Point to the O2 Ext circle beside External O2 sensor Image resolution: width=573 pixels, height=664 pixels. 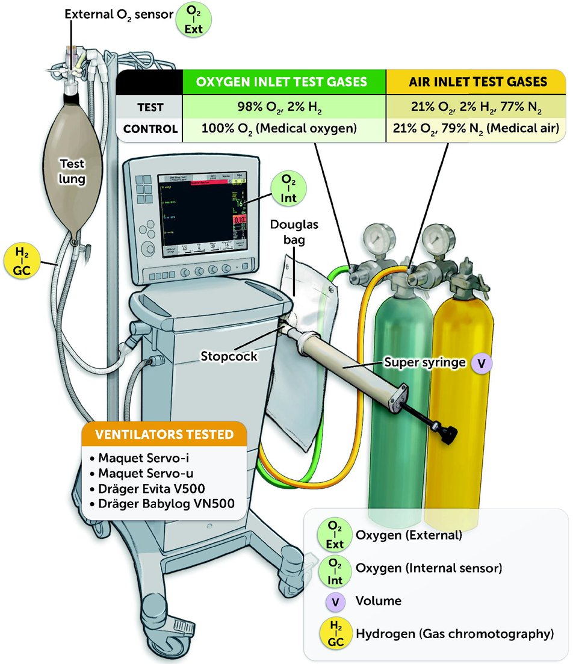click(x=190, y=20)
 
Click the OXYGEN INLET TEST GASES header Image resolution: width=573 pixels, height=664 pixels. click(x=283, y=82)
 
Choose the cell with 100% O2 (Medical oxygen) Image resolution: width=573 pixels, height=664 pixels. click(x=283, y=129)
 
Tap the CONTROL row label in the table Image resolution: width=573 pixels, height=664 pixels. click(x=150, y=129)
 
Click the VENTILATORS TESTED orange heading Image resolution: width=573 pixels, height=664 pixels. click(x=165, y=435)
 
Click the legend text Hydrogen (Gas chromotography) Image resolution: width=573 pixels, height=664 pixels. click(x=454, y=633)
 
